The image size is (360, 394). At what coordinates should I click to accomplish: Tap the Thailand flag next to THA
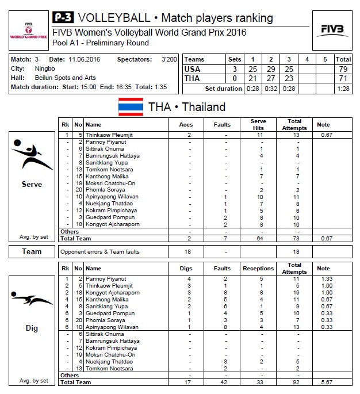(130, 107)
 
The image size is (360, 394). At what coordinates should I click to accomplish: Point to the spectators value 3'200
(168, 59)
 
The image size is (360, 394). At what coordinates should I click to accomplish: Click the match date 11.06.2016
(85, 59)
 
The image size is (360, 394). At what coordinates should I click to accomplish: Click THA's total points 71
(343, 78)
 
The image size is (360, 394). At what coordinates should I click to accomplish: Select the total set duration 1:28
(343, 89)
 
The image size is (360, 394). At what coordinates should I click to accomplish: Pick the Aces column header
(186, 124)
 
